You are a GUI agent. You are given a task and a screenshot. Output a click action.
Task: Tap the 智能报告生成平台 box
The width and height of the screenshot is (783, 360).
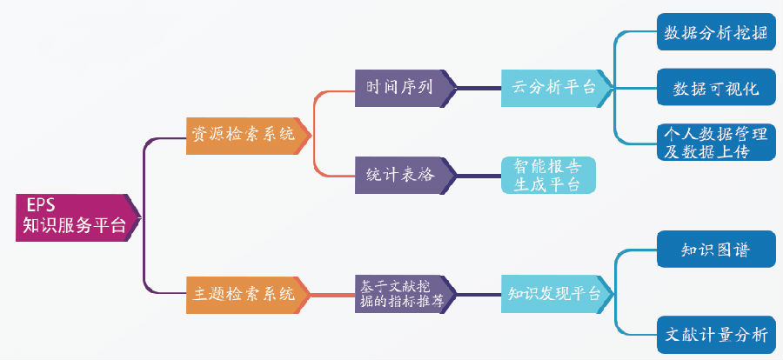coord(548,176)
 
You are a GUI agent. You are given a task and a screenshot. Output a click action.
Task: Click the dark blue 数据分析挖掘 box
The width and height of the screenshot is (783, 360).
coord(716,32)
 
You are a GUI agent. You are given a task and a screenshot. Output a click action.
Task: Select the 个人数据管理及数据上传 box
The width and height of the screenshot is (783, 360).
coord(716,143)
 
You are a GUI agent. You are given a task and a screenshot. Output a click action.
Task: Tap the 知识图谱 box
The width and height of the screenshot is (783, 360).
coord(716,250)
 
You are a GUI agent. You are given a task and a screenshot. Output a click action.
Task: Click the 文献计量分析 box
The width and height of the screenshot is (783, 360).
coord(716,335)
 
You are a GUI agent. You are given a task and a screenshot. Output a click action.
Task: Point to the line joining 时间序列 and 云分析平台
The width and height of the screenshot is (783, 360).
coord(478,89)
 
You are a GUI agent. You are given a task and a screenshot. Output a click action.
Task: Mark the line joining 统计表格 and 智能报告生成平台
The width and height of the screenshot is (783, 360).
coord(478,176)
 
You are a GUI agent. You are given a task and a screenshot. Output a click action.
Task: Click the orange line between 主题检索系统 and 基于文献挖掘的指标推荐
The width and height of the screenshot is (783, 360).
coord(333,295)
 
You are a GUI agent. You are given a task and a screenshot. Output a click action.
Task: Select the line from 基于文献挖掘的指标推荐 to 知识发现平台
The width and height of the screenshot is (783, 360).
coord(478,295)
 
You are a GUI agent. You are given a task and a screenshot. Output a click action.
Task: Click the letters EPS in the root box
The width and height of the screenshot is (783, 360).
coord(41,206)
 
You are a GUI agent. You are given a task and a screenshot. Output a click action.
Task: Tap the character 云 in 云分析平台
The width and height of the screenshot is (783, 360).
coord(519,88)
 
